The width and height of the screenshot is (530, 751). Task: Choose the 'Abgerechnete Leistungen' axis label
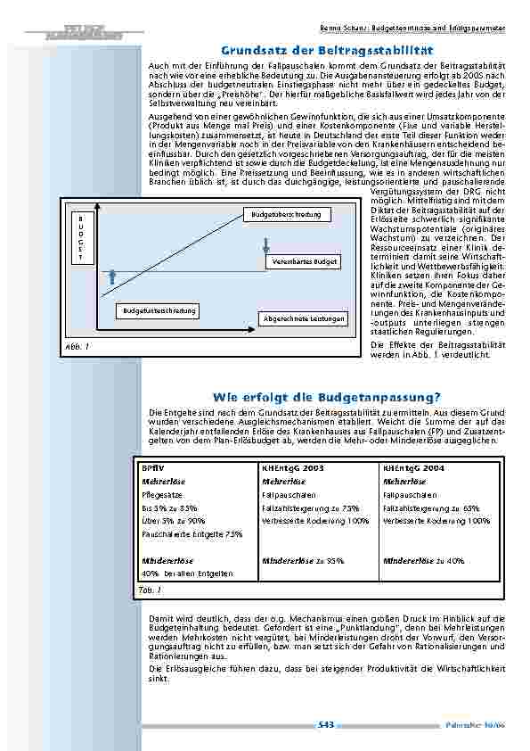[x=304, y=318]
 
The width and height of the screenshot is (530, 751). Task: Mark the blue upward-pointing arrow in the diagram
[x=111, y=276]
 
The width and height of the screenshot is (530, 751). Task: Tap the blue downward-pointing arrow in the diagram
[x=265, y=245]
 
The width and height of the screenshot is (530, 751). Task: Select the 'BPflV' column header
[x=153, y=467]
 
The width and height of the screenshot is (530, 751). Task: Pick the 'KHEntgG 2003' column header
[x=292, y=467]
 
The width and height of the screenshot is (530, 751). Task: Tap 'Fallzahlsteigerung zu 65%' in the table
[x=428, y=508]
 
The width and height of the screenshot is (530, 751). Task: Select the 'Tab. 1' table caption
[x=150, y=590]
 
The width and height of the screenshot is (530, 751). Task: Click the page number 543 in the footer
[x=326, y=725]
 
